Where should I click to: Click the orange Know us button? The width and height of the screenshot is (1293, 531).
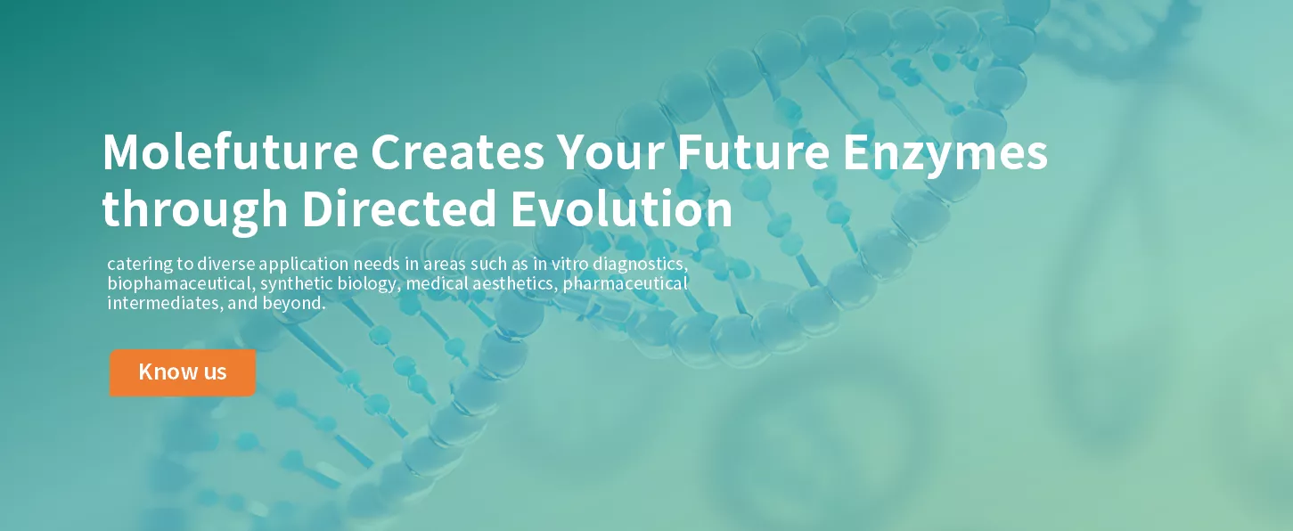[x=183, y=372]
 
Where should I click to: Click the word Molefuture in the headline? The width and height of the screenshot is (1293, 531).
[x=230, y=151]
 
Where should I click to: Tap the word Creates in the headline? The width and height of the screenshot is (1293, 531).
[x=457, y=151]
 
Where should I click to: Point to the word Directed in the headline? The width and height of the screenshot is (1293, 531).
[x=399, y=208]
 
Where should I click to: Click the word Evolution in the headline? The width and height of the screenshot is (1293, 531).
[x=622, y=208]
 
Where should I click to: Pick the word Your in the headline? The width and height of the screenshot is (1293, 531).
[x=610, y=151]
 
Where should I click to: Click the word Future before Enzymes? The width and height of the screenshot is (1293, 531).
[x=753, y=151]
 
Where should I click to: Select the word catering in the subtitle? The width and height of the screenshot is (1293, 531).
[x=140, y=265]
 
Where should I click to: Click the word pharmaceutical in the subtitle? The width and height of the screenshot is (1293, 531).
[x=626, y=284]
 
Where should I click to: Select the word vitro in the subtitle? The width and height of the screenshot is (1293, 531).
[x=569, y=264]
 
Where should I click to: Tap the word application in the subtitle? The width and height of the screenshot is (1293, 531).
[x=304, y=265]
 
